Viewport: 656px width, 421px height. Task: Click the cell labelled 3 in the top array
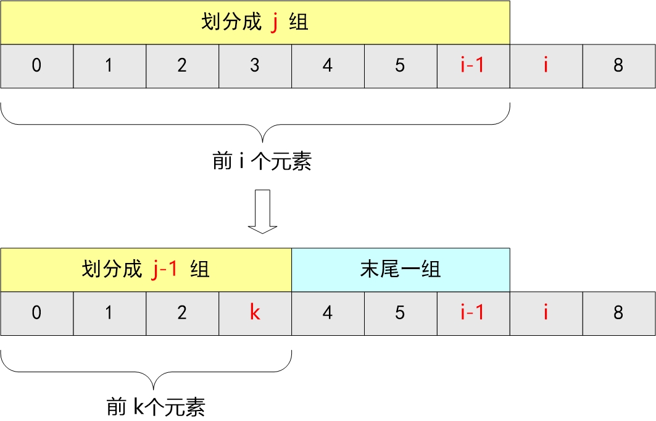coord(255,66)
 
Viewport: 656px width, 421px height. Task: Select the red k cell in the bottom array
coord(255,313)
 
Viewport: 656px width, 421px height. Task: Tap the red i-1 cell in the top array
coord(473,66)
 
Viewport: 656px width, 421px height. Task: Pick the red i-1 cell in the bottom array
coord(473,313)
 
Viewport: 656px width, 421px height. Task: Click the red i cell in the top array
coord(546,66)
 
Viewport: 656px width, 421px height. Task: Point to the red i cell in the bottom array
coord(546,313)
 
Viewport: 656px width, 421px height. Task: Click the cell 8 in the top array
coord(618,66)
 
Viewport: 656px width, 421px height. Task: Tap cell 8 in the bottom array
coord(618,313)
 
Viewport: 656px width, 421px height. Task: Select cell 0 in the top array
coord(36,66)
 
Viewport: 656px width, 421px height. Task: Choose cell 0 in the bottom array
coord(36,313)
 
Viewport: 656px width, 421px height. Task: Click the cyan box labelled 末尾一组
coord(401,270)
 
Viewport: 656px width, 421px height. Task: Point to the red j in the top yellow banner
coord(275,23)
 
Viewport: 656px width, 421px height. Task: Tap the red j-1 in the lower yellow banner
coord(165,270)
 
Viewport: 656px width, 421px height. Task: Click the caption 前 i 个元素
coord(262,162)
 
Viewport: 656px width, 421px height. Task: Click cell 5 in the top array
coord(400,66)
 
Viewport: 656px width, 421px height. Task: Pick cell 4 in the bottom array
coord(328,313)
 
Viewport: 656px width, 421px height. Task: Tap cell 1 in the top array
coord(109,66)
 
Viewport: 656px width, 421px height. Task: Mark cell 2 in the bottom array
coord(182,313)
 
